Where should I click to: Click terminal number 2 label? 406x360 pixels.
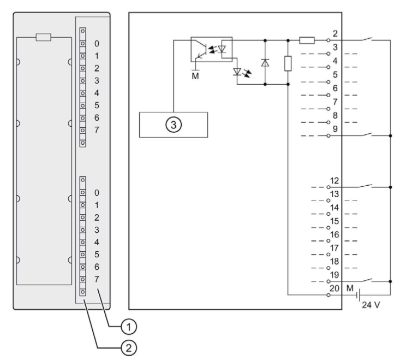click(334, 34)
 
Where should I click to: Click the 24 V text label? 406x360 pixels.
click(371, 305)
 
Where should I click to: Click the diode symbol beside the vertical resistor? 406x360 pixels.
click(265, 62)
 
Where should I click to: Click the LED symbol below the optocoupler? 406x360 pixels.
click(238, 72)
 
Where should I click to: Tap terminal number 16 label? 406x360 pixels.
click(334, 234)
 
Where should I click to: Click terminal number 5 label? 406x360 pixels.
click(334, 74)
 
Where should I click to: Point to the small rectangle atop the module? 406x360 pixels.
click(43, 37)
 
